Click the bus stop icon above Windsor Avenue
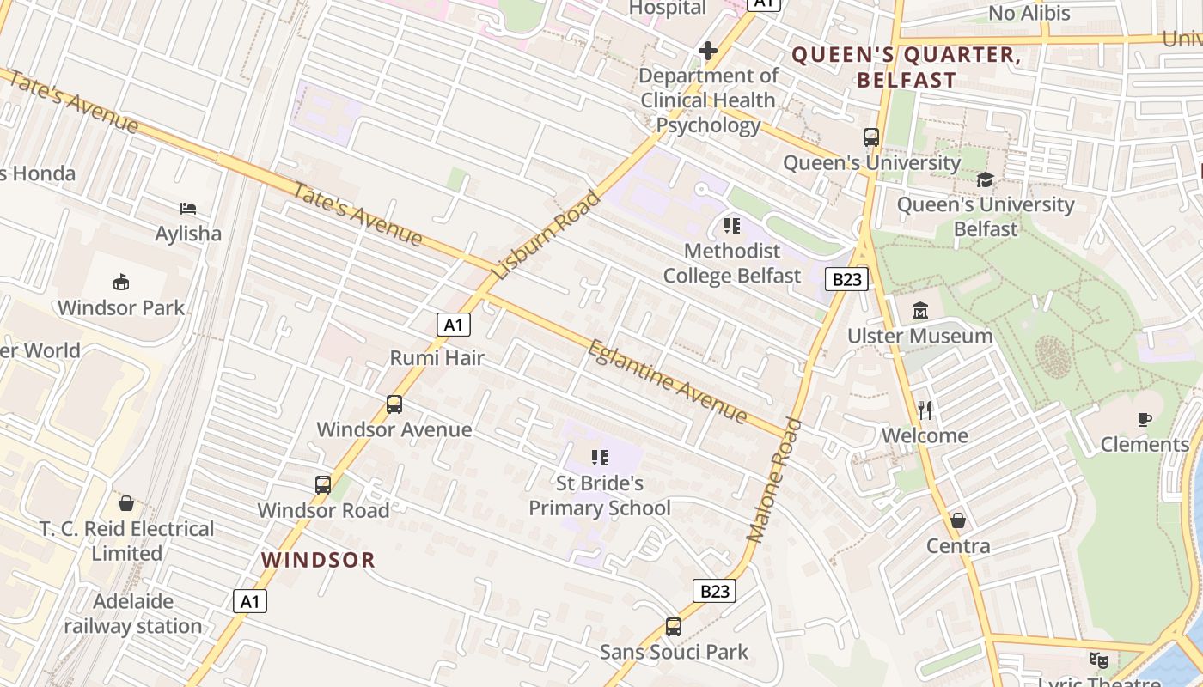click(394, 404)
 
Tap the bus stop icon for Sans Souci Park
click(674, 627)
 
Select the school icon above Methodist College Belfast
click(732, 226)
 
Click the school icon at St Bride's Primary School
click(600, 458)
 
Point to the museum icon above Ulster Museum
click(920, 310)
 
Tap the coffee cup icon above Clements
click(1144, 419)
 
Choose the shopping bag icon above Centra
click(958, 520)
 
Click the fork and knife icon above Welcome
click(925, 410)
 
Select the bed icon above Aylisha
click(188, 209)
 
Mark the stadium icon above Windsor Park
click(121, 282)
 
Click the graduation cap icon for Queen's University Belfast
click(985, 179)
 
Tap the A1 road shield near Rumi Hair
click(454, 325)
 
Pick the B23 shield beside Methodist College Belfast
click(846, 278)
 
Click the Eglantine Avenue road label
click(668, 381)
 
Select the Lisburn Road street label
click(547, 235)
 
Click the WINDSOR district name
click(319, 560)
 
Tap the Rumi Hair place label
click(437, 357)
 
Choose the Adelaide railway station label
click(133, 613)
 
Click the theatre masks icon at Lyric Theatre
click(1098, 660)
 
